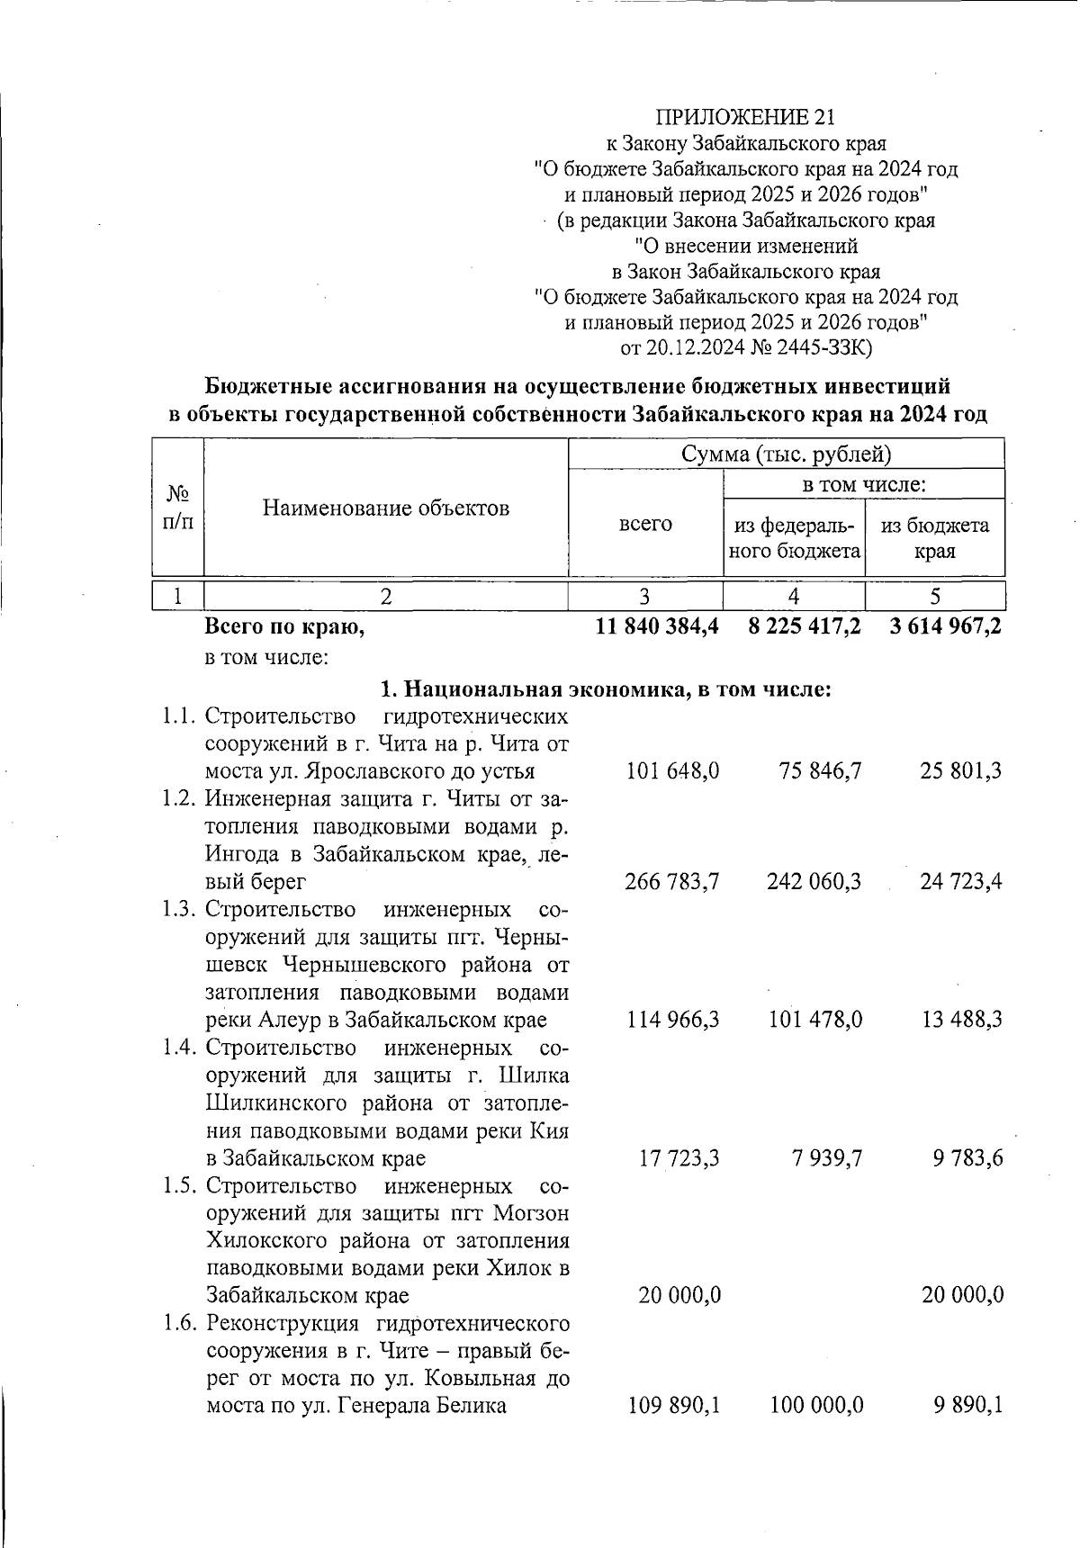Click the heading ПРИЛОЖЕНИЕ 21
(745, 117)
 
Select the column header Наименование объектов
(386, 508)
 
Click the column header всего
(645, 524)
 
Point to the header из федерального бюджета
(794, 538)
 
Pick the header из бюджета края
(935, 538)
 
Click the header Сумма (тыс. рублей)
(787, 454)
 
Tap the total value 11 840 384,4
(657, 627)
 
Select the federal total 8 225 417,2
(804, 627)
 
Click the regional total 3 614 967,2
(945, 627)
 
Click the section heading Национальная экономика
(605, 690)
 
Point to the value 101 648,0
(672, 771)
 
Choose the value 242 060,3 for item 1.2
(814, 882)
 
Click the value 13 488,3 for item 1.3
(961, 1020)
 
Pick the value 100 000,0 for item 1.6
(816, 1406)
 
